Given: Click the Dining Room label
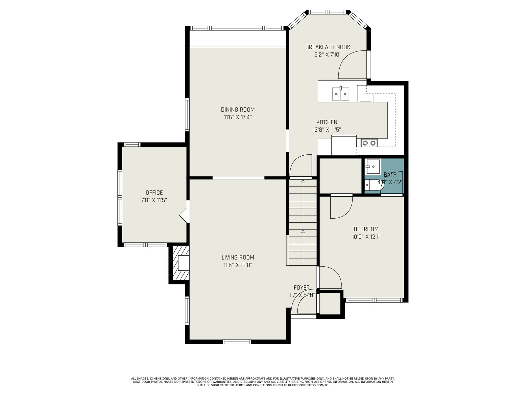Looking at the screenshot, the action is [x=237, y=110].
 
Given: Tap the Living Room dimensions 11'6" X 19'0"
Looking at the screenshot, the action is [x=237, y=265].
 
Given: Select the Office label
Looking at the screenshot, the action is [x=154, y=193].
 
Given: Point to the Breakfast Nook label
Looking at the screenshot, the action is [x=327, y=47].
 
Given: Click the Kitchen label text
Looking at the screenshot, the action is [x=327, y=122].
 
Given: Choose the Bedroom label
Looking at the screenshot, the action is [x=366, y=229].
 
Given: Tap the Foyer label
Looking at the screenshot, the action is [x=301, y=288].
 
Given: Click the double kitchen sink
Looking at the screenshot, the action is [x=341, y=94].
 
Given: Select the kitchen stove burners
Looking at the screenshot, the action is [x=369, y=143].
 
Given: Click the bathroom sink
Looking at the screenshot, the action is [x=372, y=166].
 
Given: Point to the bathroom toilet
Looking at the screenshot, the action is [x=373, y=185].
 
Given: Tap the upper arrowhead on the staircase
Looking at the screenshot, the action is [x=303, y=181].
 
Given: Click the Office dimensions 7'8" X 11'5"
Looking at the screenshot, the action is [x=154, y=200].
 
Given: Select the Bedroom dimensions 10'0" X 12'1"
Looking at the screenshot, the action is [x=366, y=237].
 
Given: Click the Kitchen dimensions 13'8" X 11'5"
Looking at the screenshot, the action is [x=327, y=130].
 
